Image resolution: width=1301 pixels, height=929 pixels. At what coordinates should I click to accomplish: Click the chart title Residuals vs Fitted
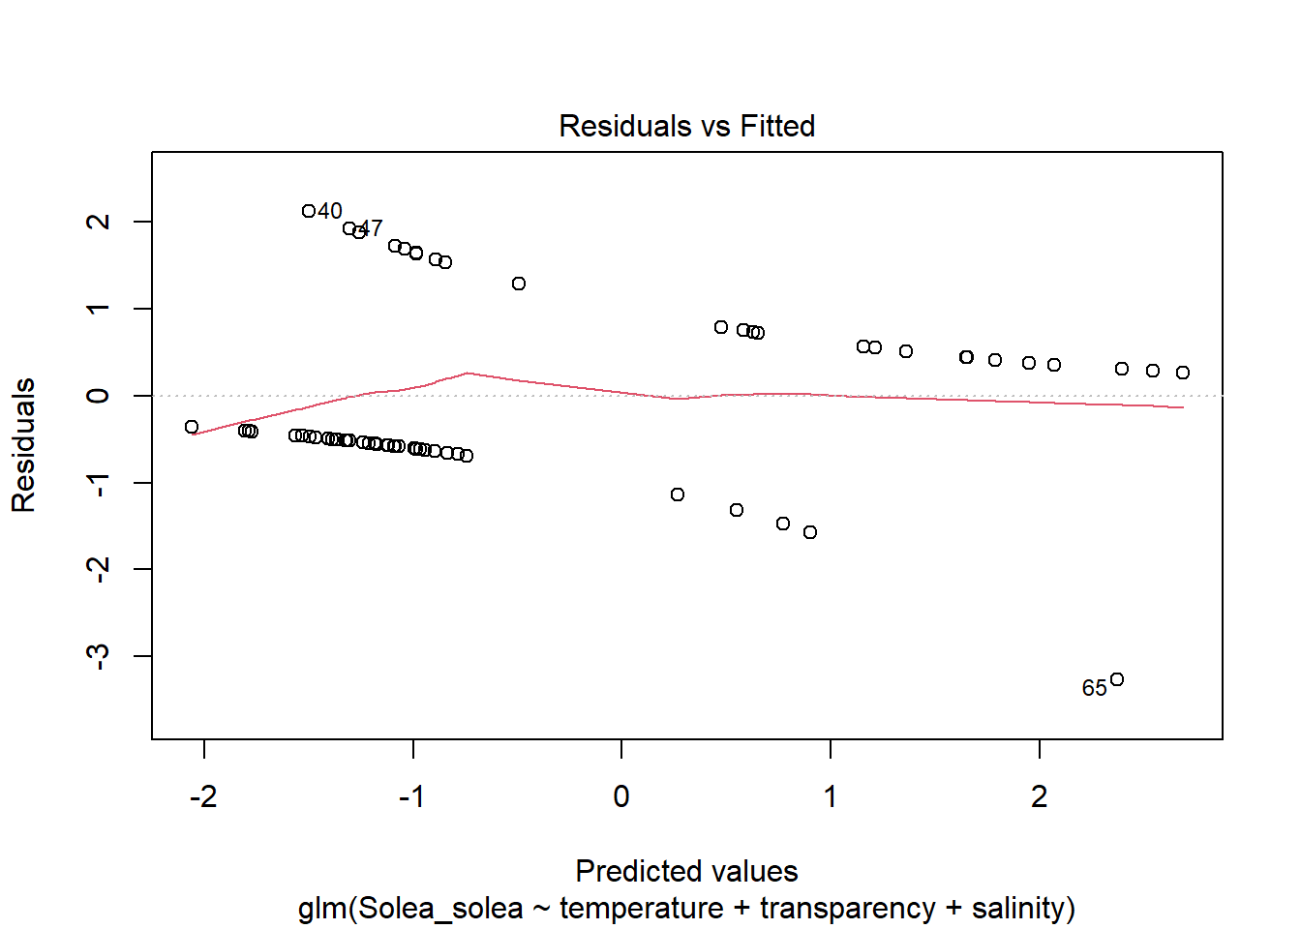[686, 126]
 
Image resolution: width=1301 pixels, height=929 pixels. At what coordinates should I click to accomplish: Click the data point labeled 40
[309, 211]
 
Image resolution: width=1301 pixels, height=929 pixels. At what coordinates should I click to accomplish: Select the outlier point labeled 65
[1117, 679]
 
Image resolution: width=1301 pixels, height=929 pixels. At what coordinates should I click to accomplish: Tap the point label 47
[371, 228]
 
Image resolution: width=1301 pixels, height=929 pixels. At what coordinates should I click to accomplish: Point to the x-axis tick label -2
[203, 796]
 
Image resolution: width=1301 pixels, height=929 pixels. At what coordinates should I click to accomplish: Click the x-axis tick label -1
[411, 796]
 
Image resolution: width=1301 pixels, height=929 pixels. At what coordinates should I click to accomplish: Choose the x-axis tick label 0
[621, 796]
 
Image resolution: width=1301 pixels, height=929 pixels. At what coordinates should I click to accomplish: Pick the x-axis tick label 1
[831, 796]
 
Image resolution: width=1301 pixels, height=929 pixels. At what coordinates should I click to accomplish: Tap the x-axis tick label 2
[1040, 796]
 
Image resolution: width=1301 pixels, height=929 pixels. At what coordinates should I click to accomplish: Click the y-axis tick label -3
[98, 656]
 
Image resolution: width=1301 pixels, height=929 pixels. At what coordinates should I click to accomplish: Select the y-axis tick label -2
[98, 569]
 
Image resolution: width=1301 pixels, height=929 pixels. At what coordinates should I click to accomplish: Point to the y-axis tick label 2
[98, 222]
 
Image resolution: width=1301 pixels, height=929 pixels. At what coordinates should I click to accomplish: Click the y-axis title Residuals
[23, 445]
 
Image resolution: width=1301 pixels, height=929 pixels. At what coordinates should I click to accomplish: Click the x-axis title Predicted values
[686, 871]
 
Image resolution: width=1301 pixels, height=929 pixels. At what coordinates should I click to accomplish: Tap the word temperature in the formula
[641, 909]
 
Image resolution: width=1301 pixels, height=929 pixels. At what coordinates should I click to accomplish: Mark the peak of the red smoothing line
[468, 373]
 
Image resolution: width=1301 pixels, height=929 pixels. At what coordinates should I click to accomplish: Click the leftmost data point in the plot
[192, 427]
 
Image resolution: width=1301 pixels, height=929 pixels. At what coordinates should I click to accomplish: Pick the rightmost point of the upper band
[1183, 373]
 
